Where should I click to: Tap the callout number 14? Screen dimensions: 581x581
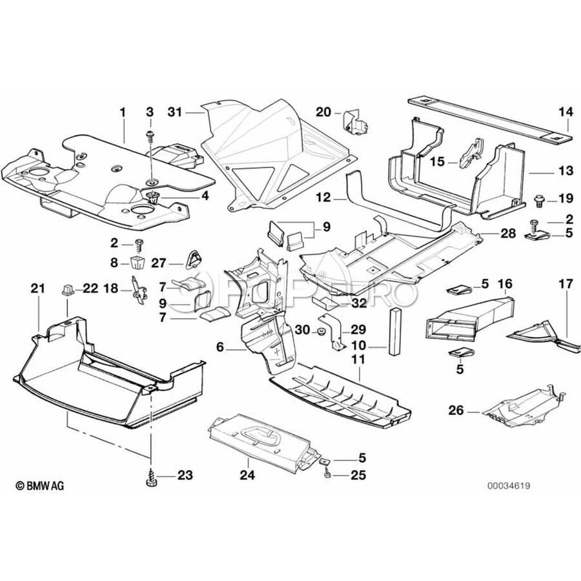566,112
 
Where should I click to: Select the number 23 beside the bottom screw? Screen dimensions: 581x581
185,476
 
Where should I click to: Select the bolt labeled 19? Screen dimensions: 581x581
539,199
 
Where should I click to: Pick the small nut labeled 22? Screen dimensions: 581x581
67,289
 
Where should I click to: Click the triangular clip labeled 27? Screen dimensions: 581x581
190,261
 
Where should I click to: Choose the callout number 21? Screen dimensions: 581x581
38,288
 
